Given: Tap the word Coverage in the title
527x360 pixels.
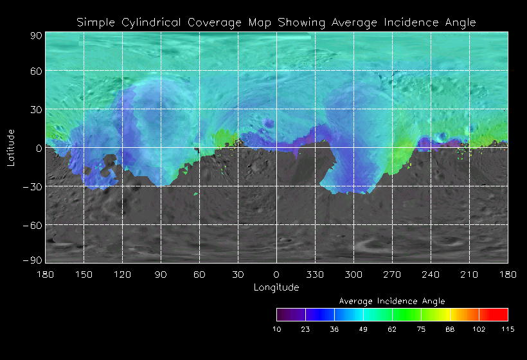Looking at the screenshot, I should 217,22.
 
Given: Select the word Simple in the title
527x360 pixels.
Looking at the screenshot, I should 97,22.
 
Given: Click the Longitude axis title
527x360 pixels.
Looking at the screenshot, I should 276,287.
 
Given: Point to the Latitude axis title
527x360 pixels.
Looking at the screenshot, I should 10,147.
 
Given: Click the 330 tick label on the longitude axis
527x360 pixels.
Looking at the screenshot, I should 315,274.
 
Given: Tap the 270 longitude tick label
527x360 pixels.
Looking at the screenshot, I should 392,274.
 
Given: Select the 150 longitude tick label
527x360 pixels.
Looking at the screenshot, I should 84,274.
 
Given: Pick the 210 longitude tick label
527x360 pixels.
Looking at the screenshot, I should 469,274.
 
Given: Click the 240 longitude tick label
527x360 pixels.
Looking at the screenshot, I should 431,274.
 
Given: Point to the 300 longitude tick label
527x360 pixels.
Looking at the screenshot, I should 353,274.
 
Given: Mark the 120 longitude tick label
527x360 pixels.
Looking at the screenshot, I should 122,274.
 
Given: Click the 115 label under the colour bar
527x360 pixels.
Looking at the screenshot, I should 508,329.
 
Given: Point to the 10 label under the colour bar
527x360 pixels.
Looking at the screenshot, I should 276,329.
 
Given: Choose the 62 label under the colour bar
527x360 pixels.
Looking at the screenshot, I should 392,329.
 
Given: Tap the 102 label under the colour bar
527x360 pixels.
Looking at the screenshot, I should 479,329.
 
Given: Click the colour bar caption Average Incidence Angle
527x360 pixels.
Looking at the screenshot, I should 391,301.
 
